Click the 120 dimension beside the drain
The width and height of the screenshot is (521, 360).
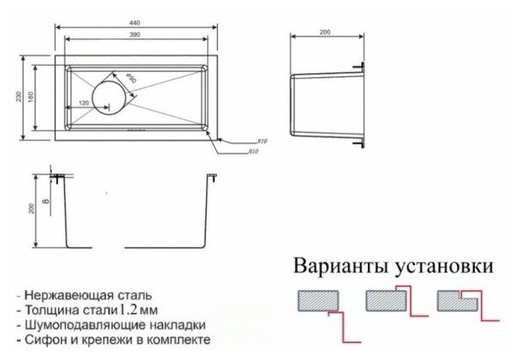pyautogui.click(x=83, y=103)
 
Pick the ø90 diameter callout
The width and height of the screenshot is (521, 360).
pyautogui.click(x=131, y=81)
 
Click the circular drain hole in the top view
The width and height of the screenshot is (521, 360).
pyautogui.click(x=108, y=95)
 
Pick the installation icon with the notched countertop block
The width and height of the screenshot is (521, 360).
pyautogui.click(x=457, y=300)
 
